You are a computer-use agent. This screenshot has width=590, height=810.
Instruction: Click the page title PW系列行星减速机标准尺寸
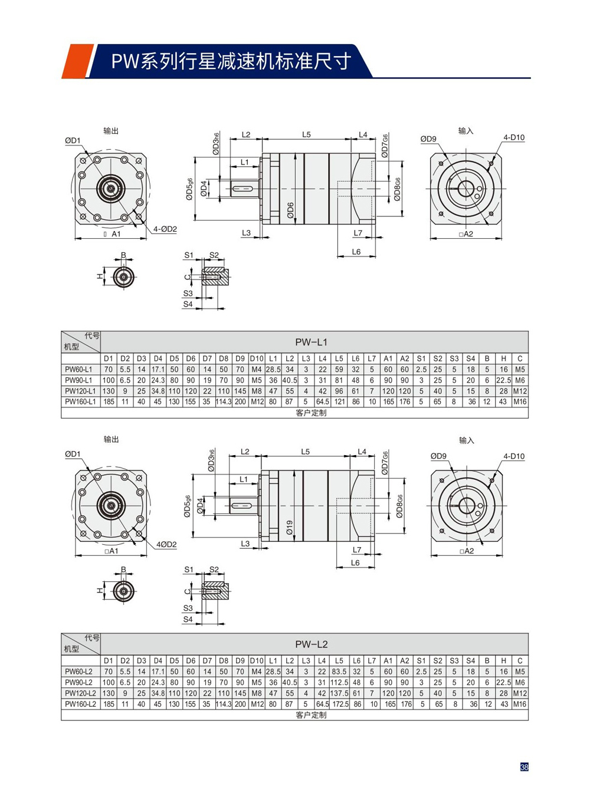pyautogui.click(x=231, y=61)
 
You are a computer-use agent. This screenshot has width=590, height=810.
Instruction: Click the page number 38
pyautogui.click(x=524, y=767)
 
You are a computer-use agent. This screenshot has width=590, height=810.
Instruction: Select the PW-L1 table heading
pyautogui.click(x=311, y=342)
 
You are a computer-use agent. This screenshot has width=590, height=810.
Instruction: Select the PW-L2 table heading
pyautogui.click(x=311, y=644)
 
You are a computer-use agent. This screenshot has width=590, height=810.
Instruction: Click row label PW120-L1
pyautogui.click(x=80, y=391)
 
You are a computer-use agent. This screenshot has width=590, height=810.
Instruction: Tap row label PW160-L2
pyautogui.click(x=79, y=704)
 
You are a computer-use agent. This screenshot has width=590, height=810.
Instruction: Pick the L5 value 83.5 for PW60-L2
pyautogui.click(x=339, y=671)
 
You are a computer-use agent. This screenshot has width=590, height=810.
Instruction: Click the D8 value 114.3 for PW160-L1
pyautogui.click(x=224, y=401)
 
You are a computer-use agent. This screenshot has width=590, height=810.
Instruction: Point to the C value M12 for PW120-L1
pyautogui.click(x=520, y=391)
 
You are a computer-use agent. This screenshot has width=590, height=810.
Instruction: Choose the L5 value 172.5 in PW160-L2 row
pyautogui.click(x=340, y=704)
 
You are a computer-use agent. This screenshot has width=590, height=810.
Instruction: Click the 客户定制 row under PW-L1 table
pyautogui.click(x=311, y=413)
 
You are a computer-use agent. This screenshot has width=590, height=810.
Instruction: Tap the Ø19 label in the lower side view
pyautogui.click(x=290, y=527)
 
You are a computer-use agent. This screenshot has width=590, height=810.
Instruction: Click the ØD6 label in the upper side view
pyautogui.click(x=290, y=210)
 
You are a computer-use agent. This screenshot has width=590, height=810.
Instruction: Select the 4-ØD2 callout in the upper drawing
pyautogui.click(x=165, y=229)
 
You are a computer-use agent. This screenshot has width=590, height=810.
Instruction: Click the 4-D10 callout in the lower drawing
pyautogui.click(x=514, y=456)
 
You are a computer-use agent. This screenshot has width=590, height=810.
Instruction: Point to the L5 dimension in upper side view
pyautogui.click(x=306, y=135)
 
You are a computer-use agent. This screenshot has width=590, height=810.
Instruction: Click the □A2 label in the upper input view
pyautogui.click(x=466, y=234)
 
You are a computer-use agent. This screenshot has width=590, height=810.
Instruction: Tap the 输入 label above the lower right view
pyautogui.click(x=466, y=440)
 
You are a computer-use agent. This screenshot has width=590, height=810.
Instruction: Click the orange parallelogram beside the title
pyautogui.click(x=76, y=61)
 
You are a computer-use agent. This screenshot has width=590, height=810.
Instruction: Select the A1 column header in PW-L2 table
pyautogui.click(x=388, y=661)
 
